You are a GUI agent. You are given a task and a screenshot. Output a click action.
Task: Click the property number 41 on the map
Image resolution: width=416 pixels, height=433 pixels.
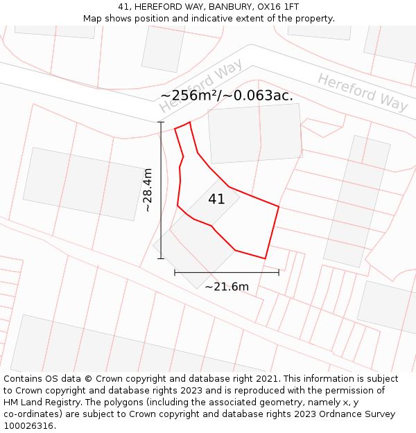[x=216, y=199]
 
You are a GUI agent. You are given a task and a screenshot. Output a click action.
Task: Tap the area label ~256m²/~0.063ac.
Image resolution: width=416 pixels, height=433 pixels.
[x=227, y=96]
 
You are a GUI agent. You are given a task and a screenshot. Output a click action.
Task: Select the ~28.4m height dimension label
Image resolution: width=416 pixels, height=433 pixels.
[x=147, y=190]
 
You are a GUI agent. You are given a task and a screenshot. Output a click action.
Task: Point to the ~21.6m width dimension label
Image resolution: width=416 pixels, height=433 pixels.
[x=227, y=286]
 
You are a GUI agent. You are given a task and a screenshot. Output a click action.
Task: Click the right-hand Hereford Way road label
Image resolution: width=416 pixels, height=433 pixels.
[x=363, y=91]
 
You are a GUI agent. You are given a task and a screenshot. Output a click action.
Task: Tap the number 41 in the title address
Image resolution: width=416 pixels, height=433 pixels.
[x=125, y=6]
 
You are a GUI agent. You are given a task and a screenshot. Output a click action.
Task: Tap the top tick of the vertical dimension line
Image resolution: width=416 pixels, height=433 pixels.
[x=161, y=123]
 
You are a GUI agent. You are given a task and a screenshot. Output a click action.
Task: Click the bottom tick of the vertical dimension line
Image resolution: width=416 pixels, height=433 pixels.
[x=161, y=258]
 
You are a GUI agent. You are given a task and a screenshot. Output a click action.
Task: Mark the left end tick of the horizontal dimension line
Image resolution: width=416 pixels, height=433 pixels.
[x=175, y=272]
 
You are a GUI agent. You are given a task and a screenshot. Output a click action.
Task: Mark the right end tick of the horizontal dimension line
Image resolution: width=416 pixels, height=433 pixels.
[x=279, y=272]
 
